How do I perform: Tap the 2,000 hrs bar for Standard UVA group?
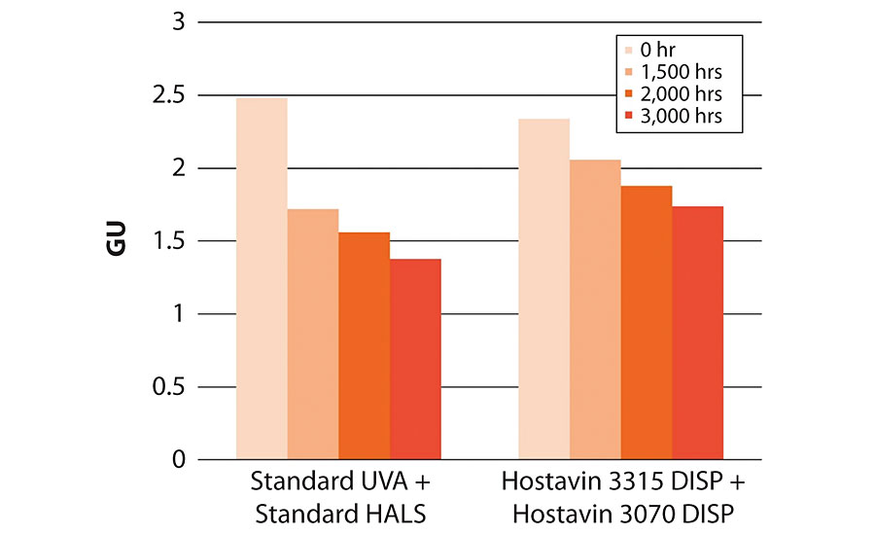click(x=365, y=345)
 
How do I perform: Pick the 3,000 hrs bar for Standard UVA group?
click(x=416, y=359)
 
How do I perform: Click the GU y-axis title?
click(x=117, y=241)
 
